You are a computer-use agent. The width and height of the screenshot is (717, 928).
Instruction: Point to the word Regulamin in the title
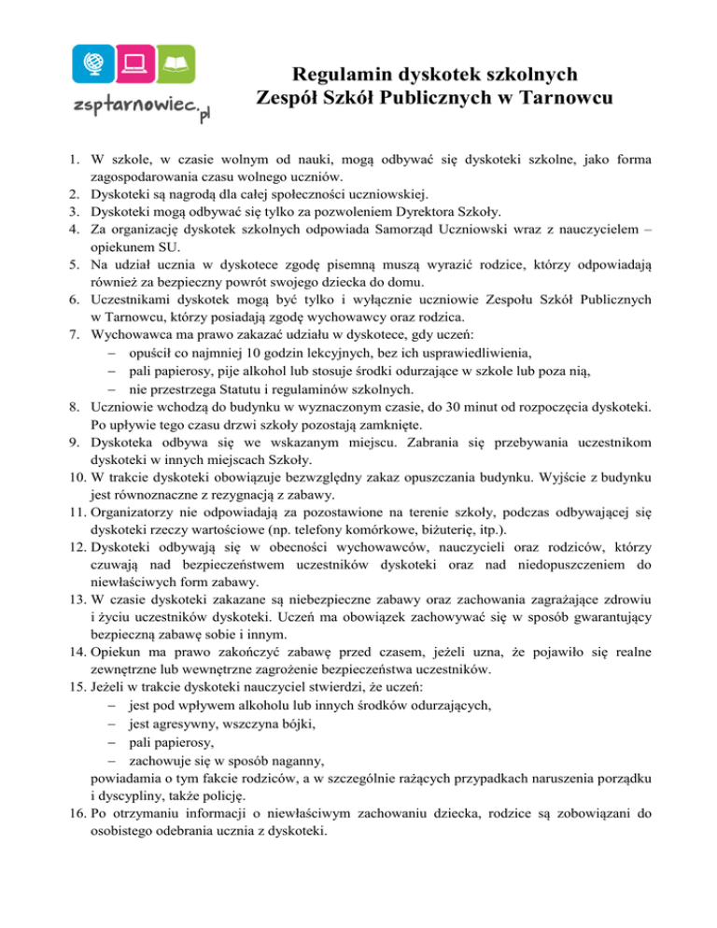(337, 74)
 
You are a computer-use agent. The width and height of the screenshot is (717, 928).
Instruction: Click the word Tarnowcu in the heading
(567, 98)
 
